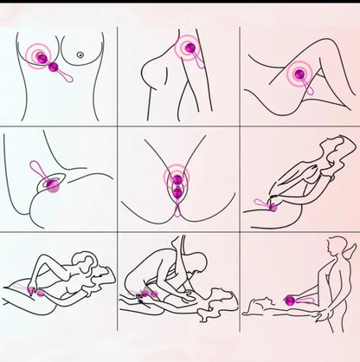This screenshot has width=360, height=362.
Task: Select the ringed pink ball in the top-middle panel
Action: click(187, 50)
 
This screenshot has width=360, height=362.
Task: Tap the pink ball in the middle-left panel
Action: click(52, 185)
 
